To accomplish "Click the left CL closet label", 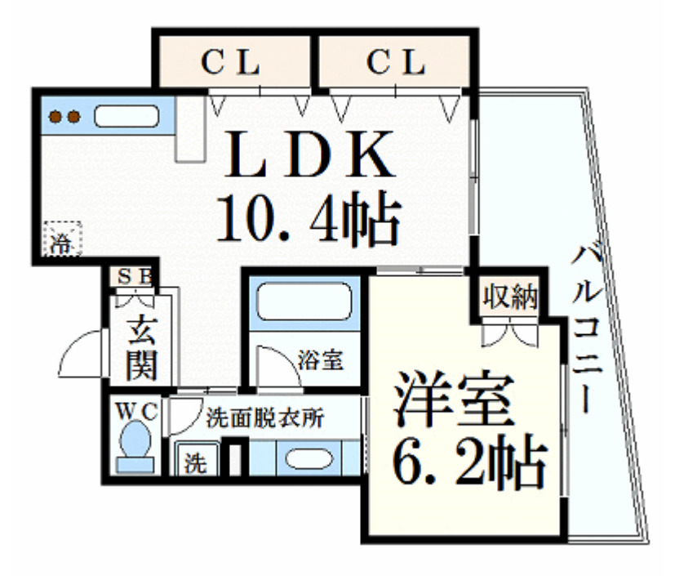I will tap(231, 62).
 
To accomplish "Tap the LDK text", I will tap(309, 155).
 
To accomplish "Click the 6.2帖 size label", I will tap(466, 465).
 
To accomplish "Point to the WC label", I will tap(135, 409).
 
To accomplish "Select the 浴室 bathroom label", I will tap(319, 359).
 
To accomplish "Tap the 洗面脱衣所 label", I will tap(265, 418).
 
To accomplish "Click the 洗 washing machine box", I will tap(196, 462).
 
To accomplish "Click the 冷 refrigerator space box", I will tap(63, 239).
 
